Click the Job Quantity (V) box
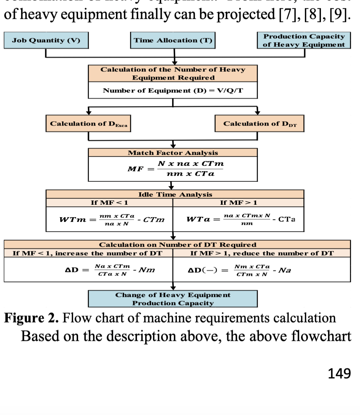[x=46, y=41]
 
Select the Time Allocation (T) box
[x=173, y=41]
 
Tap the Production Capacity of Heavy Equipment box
[x=304, y=41]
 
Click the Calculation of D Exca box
[x=89, y=124]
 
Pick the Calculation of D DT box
[x=259, y=124]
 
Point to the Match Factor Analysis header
[x=173, y=153]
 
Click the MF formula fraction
[x=191, y=169]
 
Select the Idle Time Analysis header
[x=175, y=194]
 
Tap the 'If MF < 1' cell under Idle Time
[x=109, y=202]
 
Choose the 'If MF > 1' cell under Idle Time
[x=239, y=202]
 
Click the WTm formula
[x=112, y=219]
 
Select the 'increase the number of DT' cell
[x=88, y=253]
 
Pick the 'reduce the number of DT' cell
[x=262, y=253]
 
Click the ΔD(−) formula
[x=240, y=270]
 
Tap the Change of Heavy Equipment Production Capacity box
[x=173, y=299]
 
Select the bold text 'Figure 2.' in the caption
[x=32, y=318]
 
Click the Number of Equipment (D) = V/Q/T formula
[x=173, y=90]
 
